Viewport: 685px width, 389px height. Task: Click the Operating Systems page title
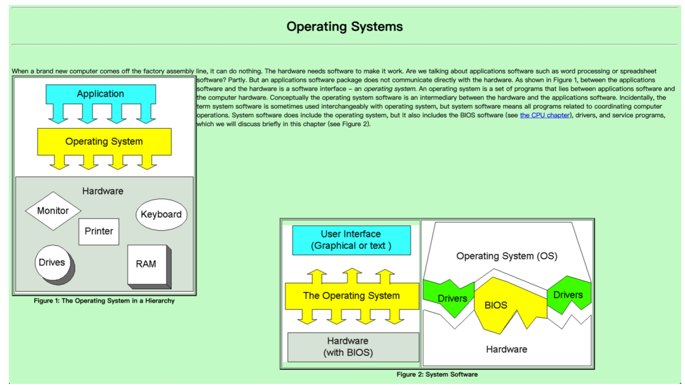tap(344, 27)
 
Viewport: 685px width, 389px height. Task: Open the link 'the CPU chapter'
tap(544, 115)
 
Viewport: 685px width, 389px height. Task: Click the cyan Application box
tap(100, 94)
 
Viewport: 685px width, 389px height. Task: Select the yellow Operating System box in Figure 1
tap(104, 141)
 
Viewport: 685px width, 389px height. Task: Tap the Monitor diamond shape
tap(53, 211)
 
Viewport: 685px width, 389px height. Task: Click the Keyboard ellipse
tap(161, 214)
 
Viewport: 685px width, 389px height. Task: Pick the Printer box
tap(99, 232)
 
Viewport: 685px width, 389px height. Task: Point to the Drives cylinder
tap(53, 263)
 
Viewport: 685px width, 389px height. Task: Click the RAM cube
tap(147, 264)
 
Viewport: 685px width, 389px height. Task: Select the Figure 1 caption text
tap(104, 301)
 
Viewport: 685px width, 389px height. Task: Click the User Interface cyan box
tap(351, 240)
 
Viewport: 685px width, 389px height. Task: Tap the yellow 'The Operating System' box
tap(351, 296)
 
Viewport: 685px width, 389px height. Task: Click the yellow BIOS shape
tap(496, 305)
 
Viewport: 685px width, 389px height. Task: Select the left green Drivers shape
tap(452, 298)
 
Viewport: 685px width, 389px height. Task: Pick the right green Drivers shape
tap(568, 294)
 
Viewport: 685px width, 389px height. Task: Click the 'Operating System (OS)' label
tap(507, 256)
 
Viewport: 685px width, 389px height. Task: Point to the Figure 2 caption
tap(437, 374)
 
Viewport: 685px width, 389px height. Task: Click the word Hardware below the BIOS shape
tap(506, 349)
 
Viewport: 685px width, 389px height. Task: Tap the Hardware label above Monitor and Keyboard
tap(103, 191)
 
